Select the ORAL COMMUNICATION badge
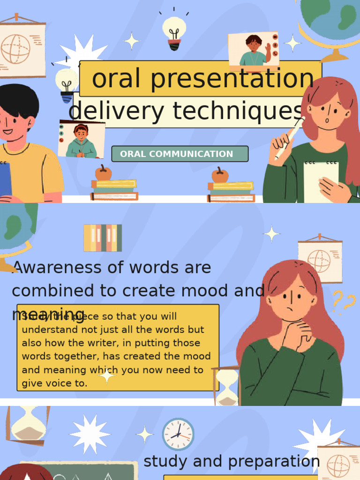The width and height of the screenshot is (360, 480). [180, 154]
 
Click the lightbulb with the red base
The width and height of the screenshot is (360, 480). [174, 33]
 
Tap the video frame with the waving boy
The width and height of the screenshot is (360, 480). [253, 50]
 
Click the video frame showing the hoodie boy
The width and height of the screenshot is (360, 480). [81, 140]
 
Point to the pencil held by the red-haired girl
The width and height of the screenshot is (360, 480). [291, 135]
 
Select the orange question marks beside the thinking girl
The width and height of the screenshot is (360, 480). [344, 301]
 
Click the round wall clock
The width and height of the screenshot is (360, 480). [178, 434]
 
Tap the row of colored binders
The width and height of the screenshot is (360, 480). [103, 238]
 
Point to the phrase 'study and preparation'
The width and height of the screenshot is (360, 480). [232, 461]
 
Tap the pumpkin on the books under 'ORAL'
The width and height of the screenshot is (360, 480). [103, 173]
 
